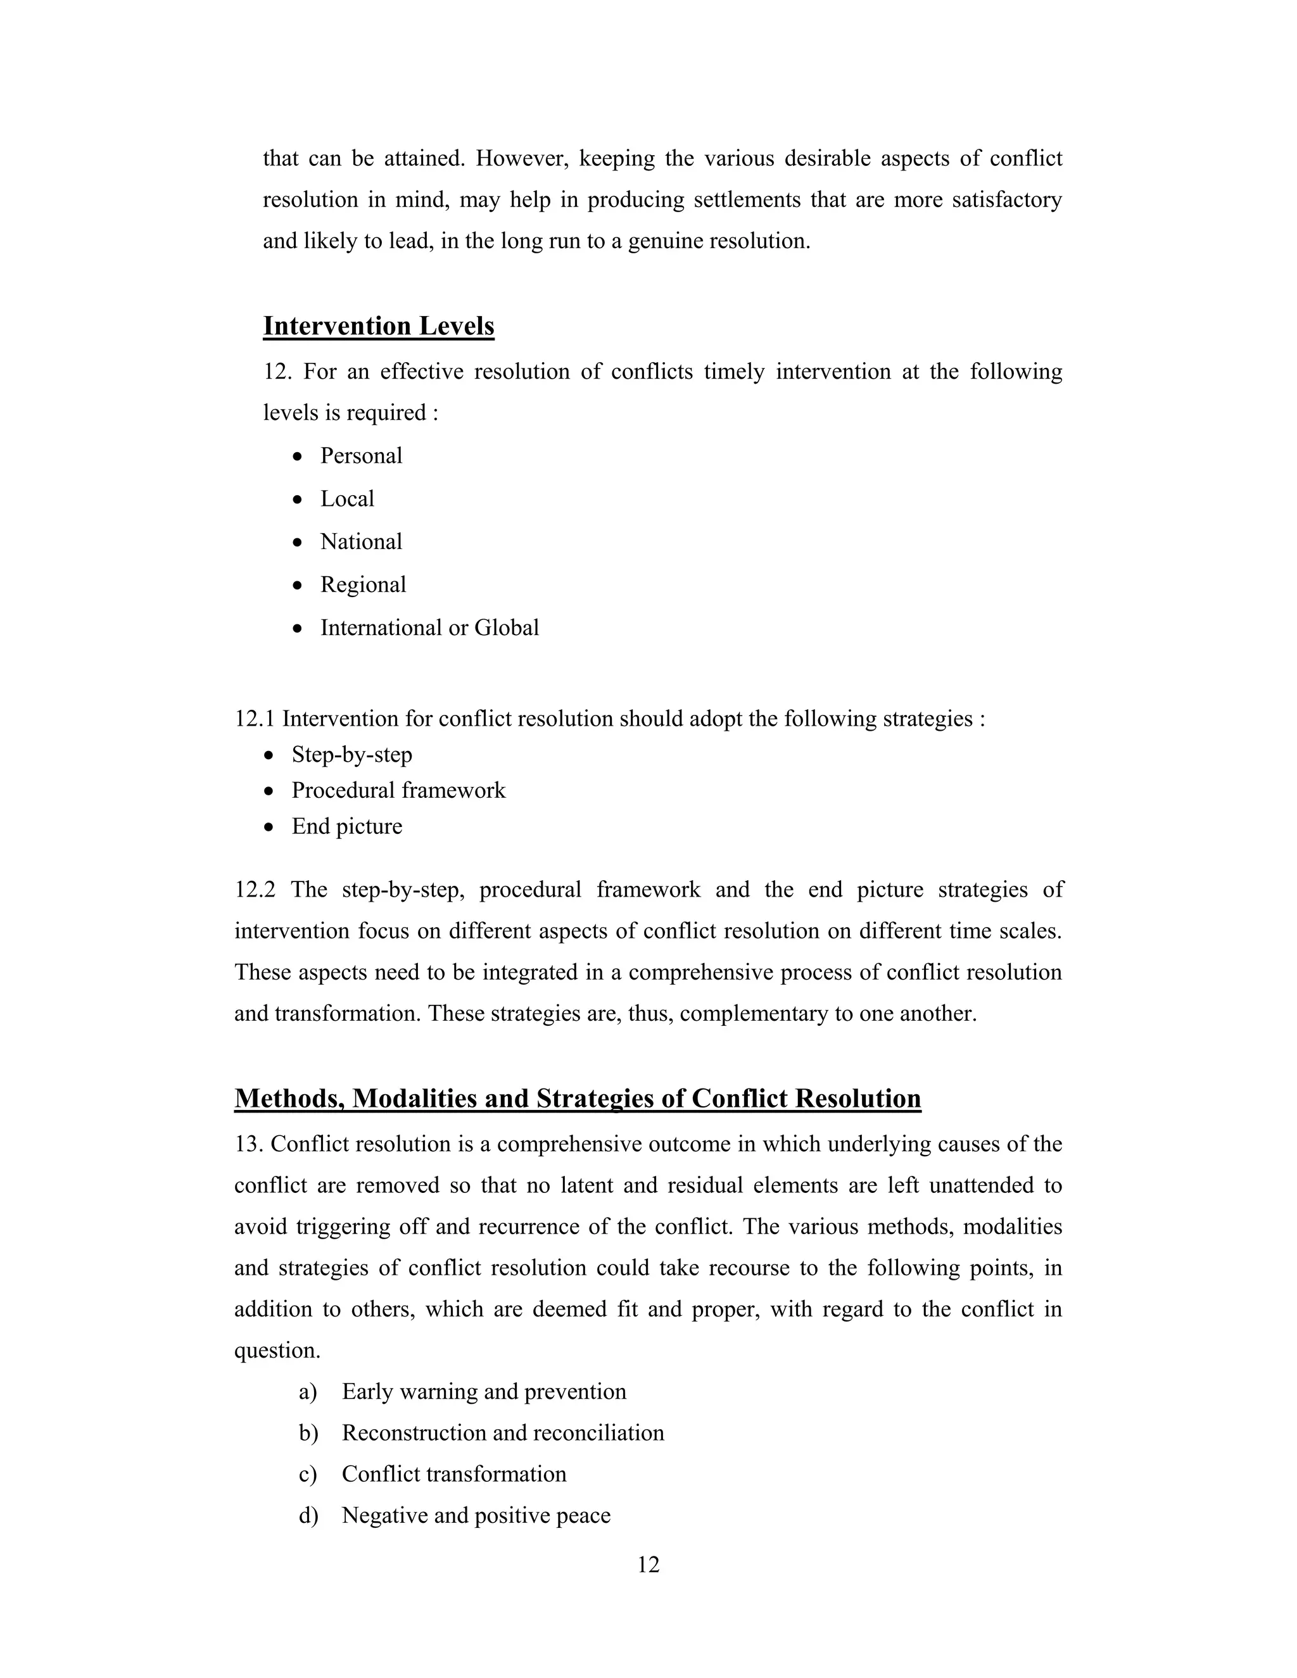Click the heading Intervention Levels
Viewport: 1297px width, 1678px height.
pyautogui.click(x=378, y=327)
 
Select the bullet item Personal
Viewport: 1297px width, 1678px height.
pyautogui.click(x=361, y=456)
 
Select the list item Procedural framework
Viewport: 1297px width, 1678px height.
pyautogui.click(x=398, y=791)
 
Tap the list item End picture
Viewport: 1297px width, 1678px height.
pyautogui.click(x=346, y=827)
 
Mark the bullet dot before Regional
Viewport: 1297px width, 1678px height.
pyautogui.click(x=298, y=586)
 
